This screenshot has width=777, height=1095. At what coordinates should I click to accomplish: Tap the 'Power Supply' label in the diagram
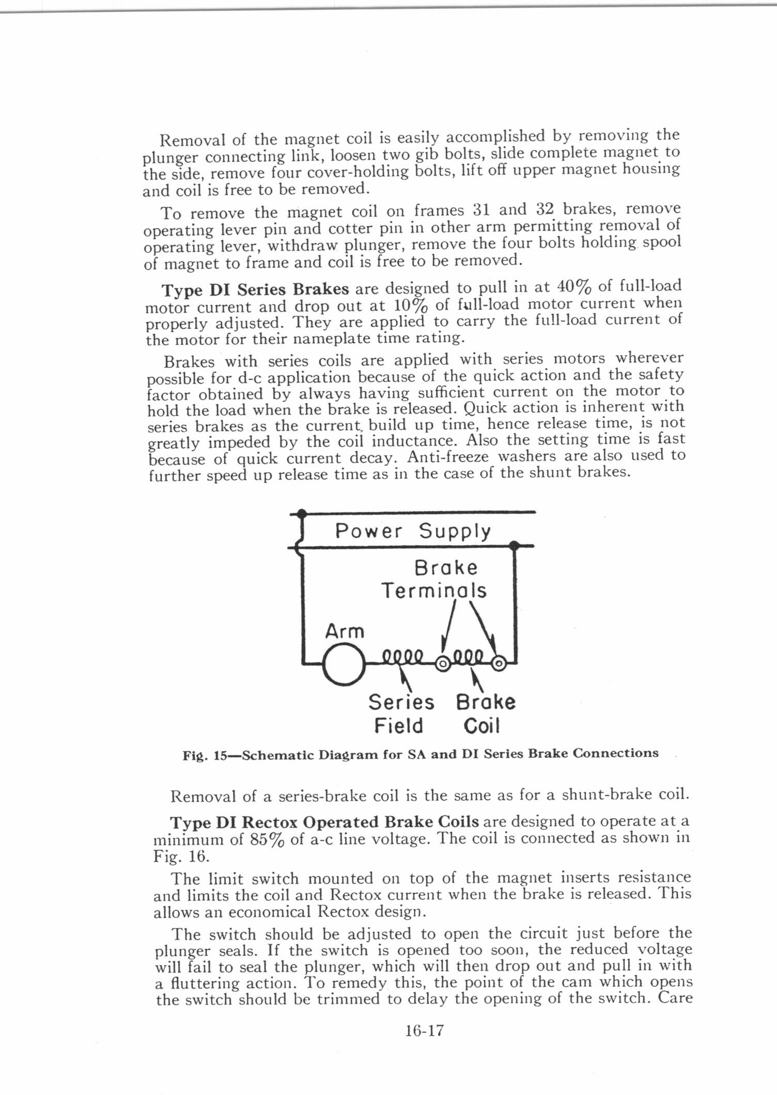(x=413, y=531)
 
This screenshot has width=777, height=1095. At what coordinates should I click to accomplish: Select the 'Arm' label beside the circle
(x=345, y=631)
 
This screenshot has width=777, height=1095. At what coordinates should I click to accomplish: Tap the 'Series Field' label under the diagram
(x=400, y=714)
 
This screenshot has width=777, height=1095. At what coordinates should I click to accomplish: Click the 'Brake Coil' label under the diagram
(x=486, y=714)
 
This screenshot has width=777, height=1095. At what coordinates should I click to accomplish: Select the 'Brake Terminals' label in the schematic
(x=434, y=579)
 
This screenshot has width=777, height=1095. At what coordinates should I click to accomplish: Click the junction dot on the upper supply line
(x=302, y=513)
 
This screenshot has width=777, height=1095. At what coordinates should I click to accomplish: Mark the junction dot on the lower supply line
(x=514, y=545)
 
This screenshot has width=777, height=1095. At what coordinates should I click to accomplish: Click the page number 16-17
(x=425, y=1031)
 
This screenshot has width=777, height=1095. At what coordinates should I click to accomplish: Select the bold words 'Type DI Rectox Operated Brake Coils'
(x=324, y=821)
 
